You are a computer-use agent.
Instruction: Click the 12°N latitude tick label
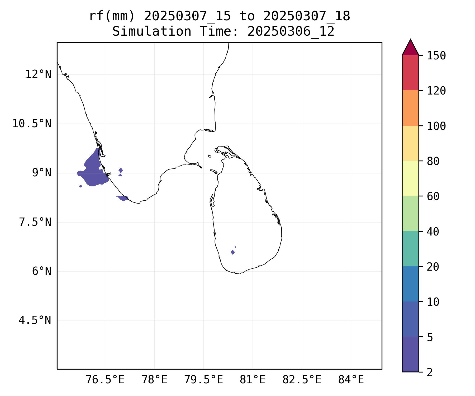38,74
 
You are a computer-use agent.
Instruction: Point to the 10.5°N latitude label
32,124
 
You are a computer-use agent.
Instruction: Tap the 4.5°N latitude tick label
35,320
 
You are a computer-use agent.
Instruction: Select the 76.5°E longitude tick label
105,380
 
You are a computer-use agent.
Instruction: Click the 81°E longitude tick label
253,380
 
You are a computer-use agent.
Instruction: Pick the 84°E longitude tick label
351,380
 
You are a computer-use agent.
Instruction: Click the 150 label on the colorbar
436,56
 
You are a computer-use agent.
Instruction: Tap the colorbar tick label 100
436,126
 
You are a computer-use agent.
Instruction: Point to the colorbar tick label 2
430,372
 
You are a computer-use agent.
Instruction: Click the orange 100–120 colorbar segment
410,108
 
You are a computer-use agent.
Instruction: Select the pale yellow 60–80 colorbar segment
410,178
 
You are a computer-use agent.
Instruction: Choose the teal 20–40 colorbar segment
410,249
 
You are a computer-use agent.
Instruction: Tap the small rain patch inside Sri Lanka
232,252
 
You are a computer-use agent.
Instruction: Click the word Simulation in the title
152,31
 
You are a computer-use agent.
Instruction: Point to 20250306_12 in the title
291,31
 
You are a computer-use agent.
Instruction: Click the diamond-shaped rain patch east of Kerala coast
121,170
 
